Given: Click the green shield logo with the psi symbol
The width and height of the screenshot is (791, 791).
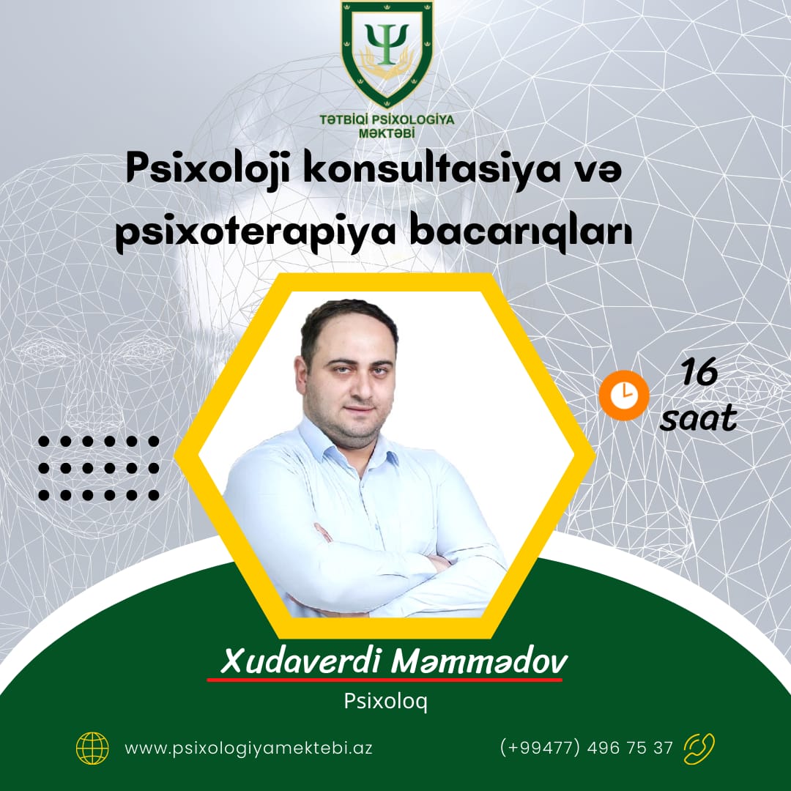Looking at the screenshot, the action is point(387,53).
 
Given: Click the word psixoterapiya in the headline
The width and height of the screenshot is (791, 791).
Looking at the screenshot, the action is point(256,233).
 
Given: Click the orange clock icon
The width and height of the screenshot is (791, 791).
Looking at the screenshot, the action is point(624,395).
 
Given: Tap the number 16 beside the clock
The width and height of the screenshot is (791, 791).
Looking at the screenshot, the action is point(699,371).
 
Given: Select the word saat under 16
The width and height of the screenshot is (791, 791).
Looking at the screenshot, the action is point(698,418).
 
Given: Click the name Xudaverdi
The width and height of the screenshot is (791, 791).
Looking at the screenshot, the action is point(300,661).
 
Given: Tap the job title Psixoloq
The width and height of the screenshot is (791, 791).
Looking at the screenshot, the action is point(386,701).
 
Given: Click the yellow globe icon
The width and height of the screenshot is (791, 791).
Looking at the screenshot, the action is point(92,748).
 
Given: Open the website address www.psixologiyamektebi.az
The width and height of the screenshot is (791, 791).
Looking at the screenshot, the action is point(249,748).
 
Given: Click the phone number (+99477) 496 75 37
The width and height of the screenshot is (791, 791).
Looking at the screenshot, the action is point(586,747).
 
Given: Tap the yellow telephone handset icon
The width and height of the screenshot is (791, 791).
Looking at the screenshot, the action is point(699,749).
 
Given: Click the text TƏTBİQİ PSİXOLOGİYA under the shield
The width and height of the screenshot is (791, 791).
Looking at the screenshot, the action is point(387,119).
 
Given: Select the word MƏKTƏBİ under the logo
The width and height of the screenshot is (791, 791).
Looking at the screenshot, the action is point(387,134).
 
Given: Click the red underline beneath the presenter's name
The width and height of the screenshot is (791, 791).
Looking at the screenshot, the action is point(385,680).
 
